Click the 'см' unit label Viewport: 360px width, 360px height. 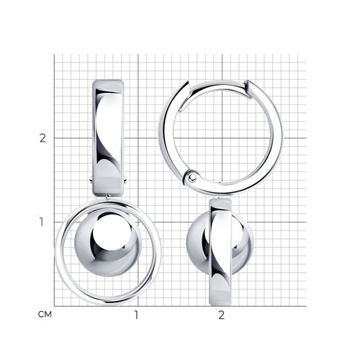coord(45,315)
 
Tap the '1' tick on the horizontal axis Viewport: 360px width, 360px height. coord(136,315)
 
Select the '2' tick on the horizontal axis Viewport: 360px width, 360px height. coord(221,315)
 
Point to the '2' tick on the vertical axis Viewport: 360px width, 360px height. coord(42,138)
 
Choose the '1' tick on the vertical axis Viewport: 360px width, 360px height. coord(42,222)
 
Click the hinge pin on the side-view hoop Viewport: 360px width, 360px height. coord(192,178)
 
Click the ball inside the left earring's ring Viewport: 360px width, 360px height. coord(108,244)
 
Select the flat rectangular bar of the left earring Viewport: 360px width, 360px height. coord(108,138)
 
